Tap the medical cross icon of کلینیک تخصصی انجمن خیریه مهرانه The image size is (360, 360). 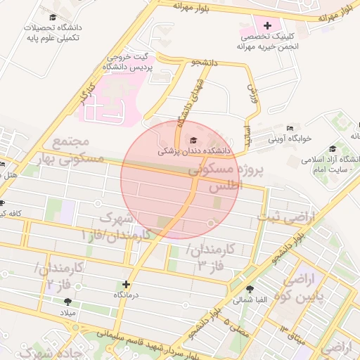click(267, 26)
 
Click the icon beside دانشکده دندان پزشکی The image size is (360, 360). click(195, 140)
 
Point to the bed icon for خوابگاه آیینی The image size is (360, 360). click(290, 129)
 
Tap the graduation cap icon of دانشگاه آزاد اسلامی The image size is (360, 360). click(332, 149)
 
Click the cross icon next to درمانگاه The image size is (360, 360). click(126, 285)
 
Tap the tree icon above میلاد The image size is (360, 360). click(67, 302)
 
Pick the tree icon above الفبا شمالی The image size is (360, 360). click(250, 289)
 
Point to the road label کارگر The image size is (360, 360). click(87, 93)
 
